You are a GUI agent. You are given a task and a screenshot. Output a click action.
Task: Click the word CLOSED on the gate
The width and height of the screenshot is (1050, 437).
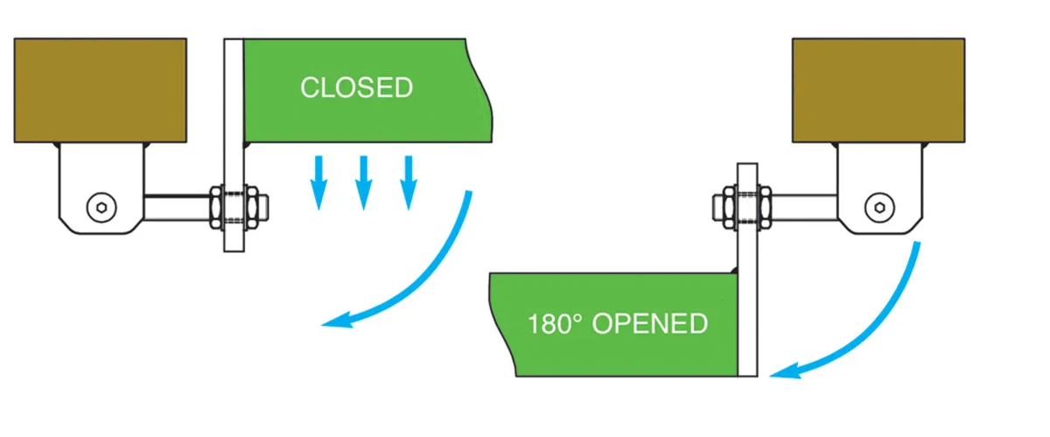pos(356,88)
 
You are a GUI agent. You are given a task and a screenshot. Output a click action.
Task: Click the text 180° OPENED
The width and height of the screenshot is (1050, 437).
pos(617,323)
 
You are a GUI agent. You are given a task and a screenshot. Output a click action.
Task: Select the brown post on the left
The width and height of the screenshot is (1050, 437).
pos(100,89)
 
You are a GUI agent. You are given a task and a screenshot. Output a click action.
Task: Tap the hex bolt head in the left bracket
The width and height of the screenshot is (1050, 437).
pos(101,207)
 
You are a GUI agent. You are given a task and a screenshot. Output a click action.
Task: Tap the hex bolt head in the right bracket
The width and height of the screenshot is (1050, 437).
pos(878,207)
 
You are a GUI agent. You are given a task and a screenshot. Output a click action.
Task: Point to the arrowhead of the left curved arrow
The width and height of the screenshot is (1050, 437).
pos(332,323)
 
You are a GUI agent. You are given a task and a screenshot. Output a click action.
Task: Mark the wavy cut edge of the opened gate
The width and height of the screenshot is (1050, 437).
pos(498,324)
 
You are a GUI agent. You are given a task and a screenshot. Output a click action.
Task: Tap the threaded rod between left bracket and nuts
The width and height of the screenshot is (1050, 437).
pos(175,208)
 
